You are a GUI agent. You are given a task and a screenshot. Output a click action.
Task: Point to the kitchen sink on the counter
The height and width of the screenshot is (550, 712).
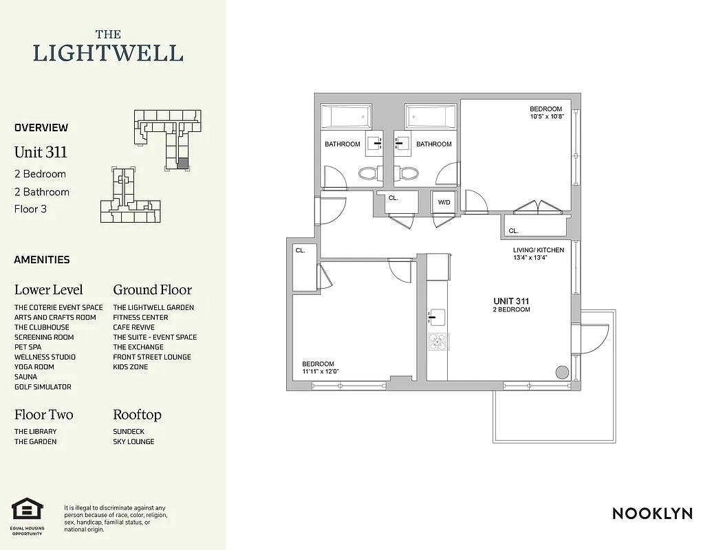(437, 317)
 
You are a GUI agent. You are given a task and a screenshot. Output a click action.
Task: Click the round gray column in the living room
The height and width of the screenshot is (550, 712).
(562, 372)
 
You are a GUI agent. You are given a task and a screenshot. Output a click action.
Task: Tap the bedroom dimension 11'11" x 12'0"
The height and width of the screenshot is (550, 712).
(321, 372)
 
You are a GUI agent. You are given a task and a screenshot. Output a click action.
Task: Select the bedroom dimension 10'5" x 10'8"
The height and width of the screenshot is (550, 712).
(546, 117)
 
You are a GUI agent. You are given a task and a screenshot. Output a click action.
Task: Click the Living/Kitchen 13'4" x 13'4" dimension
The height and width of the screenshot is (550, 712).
(538, 258)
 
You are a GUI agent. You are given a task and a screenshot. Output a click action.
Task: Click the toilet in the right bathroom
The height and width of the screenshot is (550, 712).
(409, 173)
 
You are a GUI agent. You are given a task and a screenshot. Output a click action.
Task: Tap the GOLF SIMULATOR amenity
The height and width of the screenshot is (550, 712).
(43, 387)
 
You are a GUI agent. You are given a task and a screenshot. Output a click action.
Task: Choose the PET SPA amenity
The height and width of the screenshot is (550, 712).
(28, 347)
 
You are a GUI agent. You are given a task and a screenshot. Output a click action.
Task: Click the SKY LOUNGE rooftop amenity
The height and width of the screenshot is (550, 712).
(133, 441)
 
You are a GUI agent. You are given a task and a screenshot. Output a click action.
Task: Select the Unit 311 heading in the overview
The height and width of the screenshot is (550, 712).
(41, 152)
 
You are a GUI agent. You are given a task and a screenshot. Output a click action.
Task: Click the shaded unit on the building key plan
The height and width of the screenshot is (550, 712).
(182, 164)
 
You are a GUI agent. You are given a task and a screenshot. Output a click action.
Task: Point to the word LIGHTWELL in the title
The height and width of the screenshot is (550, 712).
(108, 53)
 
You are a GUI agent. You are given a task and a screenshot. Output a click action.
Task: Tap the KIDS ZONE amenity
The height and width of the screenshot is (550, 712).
(130, 367)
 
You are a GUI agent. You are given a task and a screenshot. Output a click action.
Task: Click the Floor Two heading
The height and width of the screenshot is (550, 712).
(43, 415)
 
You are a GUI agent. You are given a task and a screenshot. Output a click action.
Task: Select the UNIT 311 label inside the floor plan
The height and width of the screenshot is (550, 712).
(511, 301)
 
